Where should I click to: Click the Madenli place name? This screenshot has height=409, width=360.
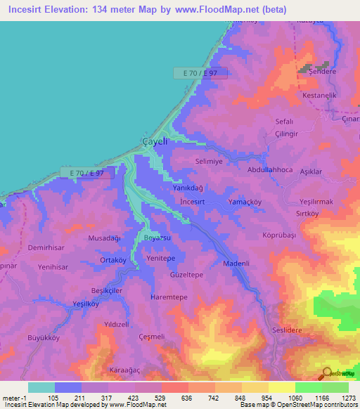(x=236, y=264)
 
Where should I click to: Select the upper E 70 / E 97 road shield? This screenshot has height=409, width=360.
(x=200, y=73)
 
